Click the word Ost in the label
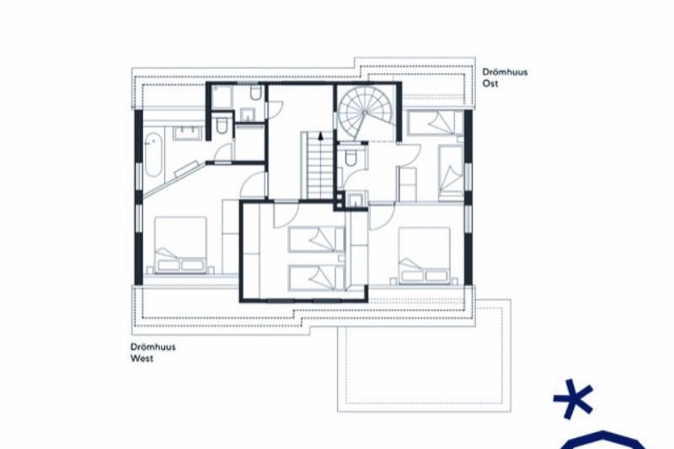point(490,83)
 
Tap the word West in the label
point(142,358)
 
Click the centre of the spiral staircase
point(364,113)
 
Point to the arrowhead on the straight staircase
point(320,136)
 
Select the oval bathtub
point(153,154)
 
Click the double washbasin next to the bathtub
point(187,132)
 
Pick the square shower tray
point(222,97)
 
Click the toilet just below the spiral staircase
point(350,157)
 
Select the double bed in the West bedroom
point(180,244)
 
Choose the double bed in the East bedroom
point(425,255)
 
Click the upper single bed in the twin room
point(317,239)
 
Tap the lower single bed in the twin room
point(317,277)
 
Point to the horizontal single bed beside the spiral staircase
point(436,122)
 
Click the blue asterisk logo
point(574,398)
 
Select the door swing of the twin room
point(286,215)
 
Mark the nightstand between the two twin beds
point(341,259)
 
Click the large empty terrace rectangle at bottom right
point(425,355)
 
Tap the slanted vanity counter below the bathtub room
point(186,168)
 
